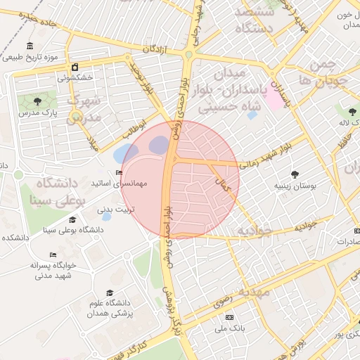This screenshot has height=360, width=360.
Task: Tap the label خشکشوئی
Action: [x=73, y=78]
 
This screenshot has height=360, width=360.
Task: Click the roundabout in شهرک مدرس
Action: [x=76, y=115]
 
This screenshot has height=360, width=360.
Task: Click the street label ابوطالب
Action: [x=134, y=127]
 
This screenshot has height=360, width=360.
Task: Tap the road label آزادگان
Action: [x=158, y=49]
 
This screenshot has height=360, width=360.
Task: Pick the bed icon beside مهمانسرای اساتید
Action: [x=118, y=173]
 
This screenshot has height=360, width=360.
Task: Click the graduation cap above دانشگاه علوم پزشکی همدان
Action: [x=109, y=292]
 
